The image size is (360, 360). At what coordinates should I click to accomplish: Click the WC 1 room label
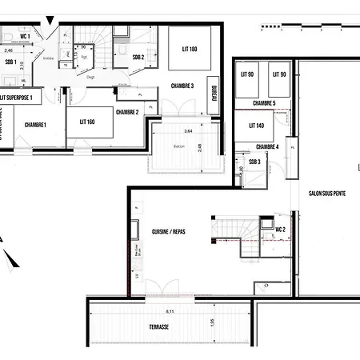click(x=25, y=37)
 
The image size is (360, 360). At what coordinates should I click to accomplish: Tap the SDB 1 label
click(x=10, y=62)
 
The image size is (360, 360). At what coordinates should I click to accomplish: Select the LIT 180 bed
click(x=189, y=50)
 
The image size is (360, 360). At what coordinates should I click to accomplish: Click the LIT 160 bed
click(x=88, y=122)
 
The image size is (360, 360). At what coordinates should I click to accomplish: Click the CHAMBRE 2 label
click(x=127, y=113)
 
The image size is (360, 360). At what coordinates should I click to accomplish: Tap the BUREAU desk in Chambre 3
click(x=214, y=99)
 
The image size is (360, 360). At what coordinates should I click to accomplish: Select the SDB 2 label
click(x=138, y=58)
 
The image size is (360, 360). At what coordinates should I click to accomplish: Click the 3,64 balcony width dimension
click(x=188, y=130)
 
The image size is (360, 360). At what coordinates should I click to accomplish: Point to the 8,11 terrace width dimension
click(x=169, y=310)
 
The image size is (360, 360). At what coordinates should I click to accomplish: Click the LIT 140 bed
click(x=256, y=126)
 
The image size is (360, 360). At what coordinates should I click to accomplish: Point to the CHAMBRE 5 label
click(x=264, y=103)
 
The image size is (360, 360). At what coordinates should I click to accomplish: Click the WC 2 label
click(x=281, y=230)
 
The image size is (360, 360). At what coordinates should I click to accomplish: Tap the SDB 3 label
click(x=254, y=162)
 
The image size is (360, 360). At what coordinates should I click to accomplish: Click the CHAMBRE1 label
click(x=35, y=125)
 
